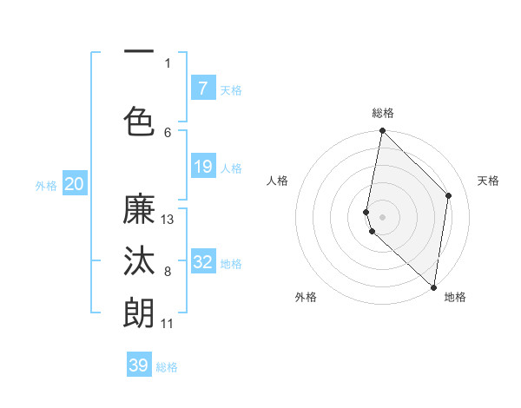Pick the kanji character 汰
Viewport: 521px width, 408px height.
click(139, 264)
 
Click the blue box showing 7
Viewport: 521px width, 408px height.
click(202, 88)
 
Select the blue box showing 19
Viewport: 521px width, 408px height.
click(202, 167)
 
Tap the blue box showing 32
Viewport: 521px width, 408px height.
click(202, 262)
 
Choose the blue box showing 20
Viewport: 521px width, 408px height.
click(74, 184)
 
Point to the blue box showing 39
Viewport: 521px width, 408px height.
click(139, 365)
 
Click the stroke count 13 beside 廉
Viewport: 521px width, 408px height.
click(168, 220)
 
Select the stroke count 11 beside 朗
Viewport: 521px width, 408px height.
click(168, 324)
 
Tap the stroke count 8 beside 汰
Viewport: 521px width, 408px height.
click(167, 272)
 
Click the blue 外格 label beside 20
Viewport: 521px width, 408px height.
click(46, 185)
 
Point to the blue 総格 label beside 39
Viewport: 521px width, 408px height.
click(167, 367)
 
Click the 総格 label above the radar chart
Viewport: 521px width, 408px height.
click(383, 113)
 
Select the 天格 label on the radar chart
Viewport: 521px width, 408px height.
click(489, 181)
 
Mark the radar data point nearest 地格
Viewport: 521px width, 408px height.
click(433, 287)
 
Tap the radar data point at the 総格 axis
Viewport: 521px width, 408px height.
click(382, 131)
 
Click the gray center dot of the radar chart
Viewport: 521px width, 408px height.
click(383, 216)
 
